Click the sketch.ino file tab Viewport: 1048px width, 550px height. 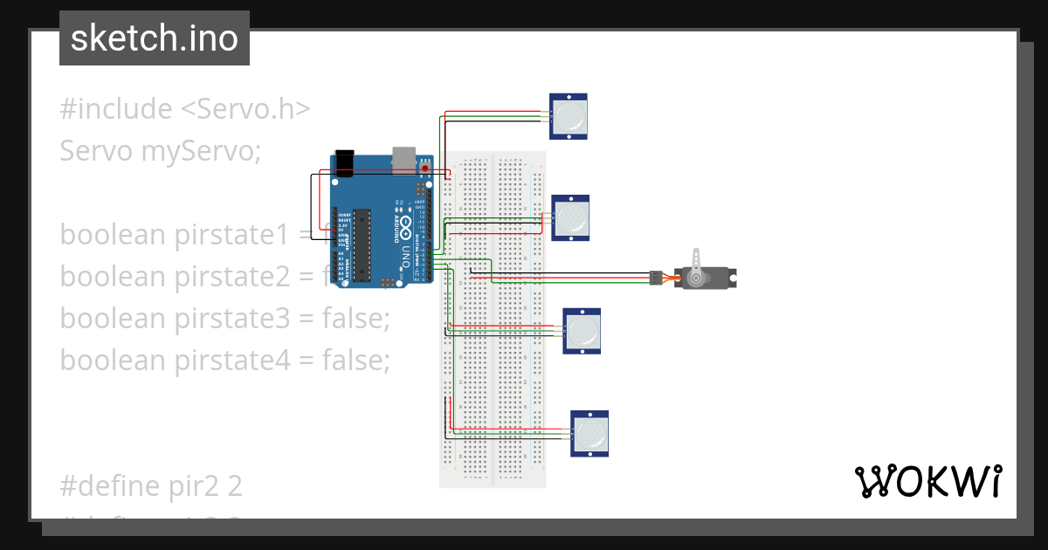pyautogui.click(x=155, y=38)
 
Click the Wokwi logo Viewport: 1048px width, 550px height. pyautogui.click(x=927, y=481)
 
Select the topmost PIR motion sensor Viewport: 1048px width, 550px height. pyautogui.click(x=569, y=116)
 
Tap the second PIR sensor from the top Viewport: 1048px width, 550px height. pyautogui.click(x=571, y=217)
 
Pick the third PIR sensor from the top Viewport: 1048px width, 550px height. pyautogui.click(x=582, y=331)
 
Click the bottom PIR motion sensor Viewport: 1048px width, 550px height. pyautogui.click(x=589, y=433)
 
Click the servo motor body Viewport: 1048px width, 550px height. pyautogui.click(x=709, y=278)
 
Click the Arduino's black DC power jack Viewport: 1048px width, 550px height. pyautogui.click(x=344, y=162)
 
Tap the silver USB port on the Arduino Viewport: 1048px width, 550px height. pyautogui.click(x=404, y=158)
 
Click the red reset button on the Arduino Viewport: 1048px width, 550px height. pyautogui.click(x=425, y=168)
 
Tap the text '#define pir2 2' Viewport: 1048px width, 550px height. pyautogui.click(x=151, y=485)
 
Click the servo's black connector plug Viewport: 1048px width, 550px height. pyautogui.click(x=653, y=278)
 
